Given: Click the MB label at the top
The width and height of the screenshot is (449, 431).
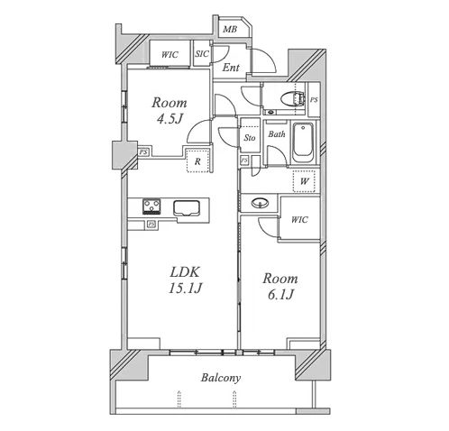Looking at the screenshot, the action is (x=230, y=29).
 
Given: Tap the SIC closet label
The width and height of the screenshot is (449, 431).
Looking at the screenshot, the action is (x=202, y=54).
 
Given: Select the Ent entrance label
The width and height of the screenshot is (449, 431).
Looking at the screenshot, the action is (x=231, y=68).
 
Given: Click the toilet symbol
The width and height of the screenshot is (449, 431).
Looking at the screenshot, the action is (x=291, y=98).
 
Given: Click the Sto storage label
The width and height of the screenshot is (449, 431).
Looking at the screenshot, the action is (x=250, y=138).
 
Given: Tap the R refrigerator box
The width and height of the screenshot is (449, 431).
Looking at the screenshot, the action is (x=197, y=160).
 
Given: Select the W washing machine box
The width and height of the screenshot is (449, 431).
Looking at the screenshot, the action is (x=304, y=181).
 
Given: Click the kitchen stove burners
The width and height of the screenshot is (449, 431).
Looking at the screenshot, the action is (x=151, y=206).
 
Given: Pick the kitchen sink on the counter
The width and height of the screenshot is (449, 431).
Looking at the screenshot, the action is (x=187, y=208).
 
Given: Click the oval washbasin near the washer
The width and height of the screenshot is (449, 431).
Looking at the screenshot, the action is (x=260, y=203).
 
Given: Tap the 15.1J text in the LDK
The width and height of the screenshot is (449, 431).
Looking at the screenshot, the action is (x=185, y=289).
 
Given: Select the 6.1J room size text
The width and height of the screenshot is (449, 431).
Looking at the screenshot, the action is (x=280, y=295).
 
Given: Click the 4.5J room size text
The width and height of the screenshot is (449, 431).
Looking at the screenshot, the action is (x=170, y=119).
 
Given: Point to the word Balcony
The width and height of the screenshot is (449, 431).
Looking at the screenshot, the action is (x=221, y=378).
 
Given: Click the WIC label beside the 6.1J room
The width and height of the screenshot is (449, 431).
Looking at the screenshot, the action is (x=299, y=220).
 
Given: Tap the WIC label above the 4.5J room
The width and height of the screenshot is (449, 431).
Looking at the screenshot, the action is (x=170, y=55).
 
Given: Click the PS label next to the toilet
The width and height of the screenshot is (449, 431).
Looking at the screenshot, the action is (x=314, y=99).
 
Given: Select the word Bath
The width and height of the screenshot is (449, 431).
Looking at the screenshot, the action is (x=277, y=134).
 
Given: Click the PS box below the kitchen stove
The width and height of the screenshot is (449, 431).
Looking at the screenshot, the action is (x=151, y=225).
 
